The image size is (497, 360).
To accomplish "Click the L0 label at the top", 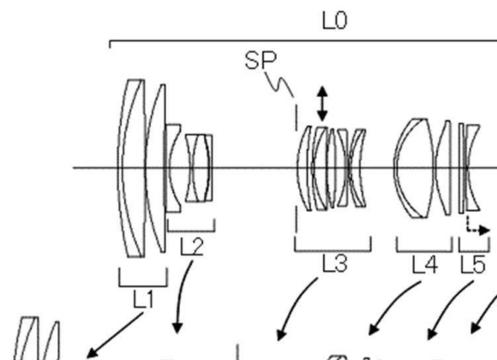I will [334, 19].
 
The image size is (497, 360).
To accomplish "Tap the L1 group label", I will [144, 299].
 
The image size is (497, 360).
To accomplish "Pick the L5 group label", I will [472, 266].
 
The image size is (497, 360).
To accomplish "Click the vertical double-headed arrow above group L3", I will [322, 103].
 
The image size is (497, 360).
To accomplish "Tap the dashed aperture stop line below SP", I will [296, 171].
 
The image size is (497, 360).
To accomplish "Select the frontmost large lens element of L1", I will [131, 167].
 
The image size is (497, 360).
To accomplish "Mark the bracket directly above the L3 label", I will [332, 249].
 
